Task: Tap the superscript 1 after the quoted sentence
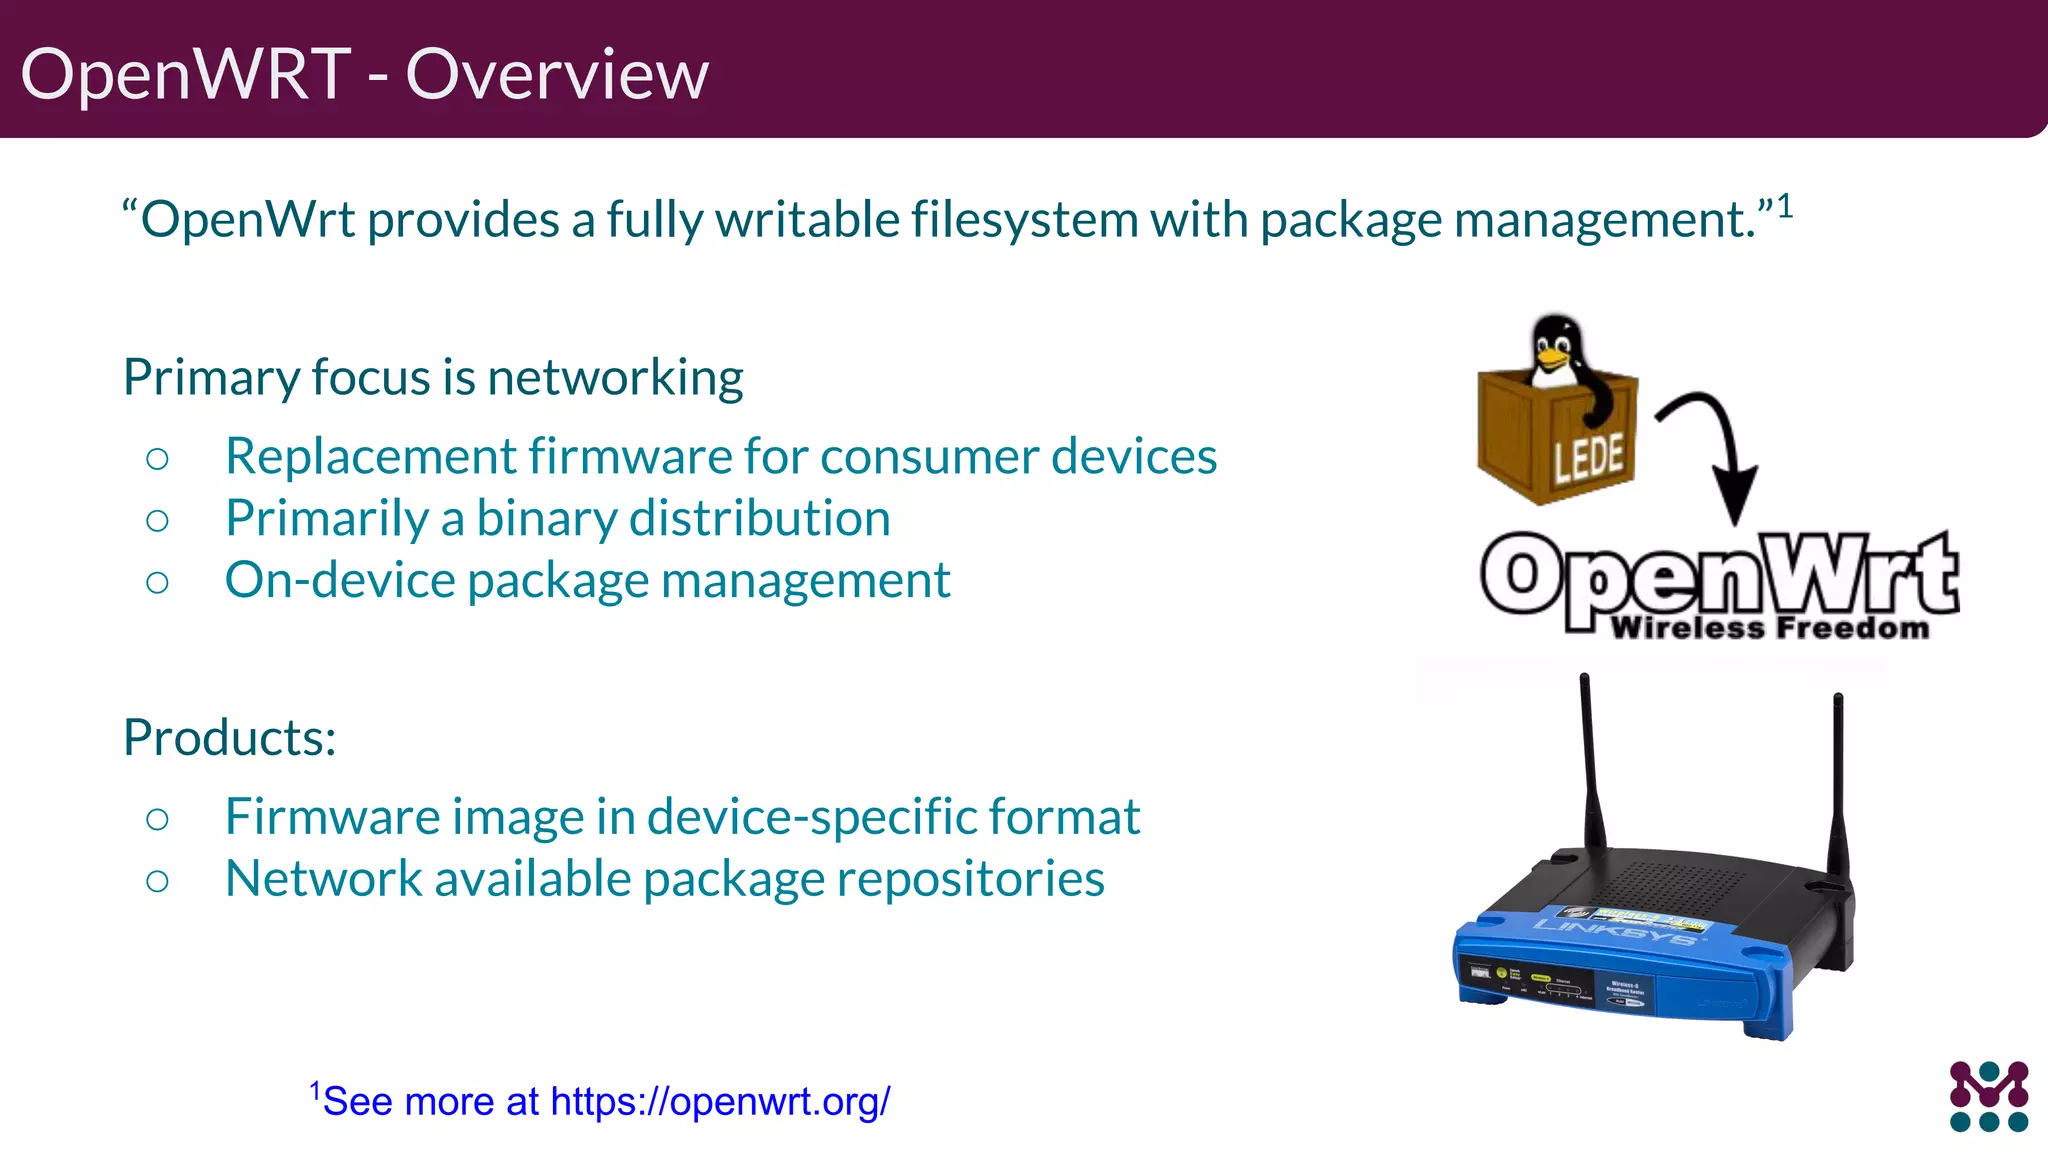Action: pyautogui.click(x=1784, y=207)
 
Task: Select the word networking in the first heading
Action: pyautogui.click(x=614, y=378)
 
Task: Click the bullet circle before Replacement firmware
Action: pyautogui.click(x=157, y=459)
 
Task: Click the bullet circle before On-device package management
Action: pyautogui.click(x=157, y=583)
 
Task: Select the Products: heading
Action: pyautogui.click(x=229, y=738)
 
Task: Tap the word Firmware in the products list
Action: pyautogui.click(x=331, y=817)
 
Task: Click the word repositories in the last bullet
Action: pyautogui.click(x=969, y=879)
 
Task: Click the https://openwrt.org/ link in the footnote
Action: pyautogui.click(x=719, y=1102)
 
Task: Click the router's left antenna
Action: pyautogui.click(x=1590, y=760)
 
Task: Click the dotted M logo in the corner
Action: pyautogui.click(x=1988, y=1096)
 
